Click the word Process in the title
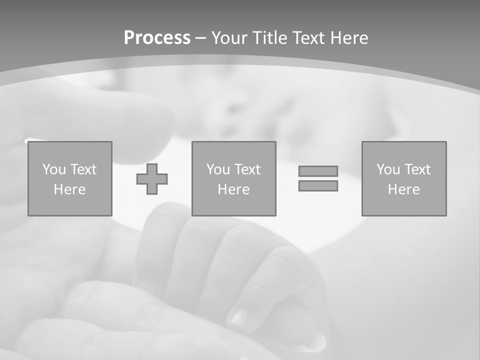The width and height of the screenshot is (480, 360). click(x=157, y=38)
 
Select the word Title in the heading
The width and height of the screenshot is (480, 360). click(x=272, y=38)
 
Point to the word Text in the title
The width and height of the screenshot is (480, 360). click(x=309, y=38)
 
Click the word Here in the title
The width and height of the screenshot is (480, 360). click(x=349, y=38)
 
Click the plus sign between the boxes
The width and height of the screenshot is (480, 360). click(x=152, y=179)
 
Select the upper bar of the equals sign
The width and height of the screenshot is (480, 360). click(x=318, y=171)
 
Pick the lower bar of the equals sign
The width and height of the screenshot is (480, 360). click(x=318, y=185)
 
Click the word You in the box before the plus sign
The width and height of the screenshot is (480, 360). click(x=54, y=169)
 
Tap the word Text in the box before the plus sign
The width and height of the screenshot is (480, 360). click(x=83, y=169)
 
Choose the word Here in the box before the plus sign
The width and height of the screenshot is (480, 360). click(x=69, y=189)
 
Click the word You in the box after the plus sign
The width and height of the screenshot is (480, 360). click(x=218, y=169)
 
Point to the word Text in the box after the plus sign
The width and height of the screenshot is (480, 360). click(x=247, y=169)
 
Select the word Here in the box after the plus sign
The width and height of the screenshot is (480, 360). click(x=233, y=189)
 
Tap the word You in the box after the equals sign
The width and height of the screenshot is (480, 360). click(x=388, y=169)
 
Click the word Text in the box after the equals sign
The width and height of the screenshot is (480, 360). click(x=417, y=169)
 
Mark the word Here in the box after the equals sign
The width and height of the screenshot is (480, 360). click(x=403, y=189)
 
